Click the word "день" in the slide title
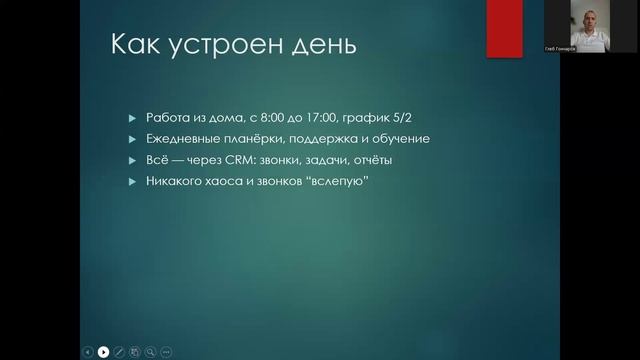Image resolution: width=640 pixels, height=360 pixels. (x=316, y=47)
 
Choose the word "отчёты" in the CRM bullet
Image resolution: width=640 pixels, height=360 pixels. (x=370, y=159)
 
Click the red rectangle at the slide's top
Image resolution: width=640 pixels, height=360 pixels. (x=504, y=28)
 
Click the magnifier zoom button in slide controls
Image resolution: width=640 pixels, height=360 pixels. (x=150, y=351)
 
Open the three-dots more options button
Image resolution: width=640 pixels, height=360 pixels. (x=166, y=351)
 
